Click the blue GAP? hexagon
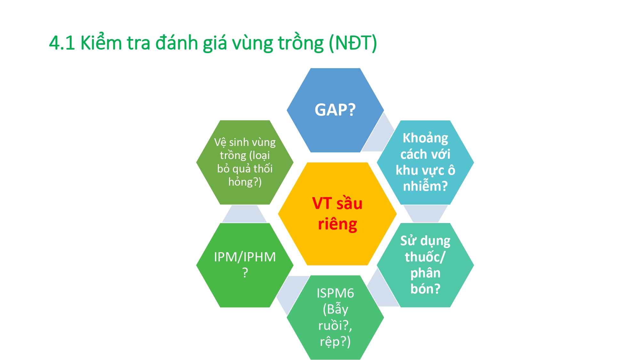pyautogui.click(x=335, y=110)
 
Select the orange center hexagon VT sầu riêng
pyautogui.click(x=337, y=214)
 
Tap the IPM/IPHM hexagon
pyautogui.click(x=245, y=265)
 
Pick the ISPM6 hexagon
pyautogui.click(x=335, y=317)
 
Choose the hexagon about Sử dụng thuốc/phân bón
pyautogui.click(x=425, y=265)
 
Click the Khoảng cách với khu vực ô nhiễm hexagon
pyautogui.click(x=425, y=163)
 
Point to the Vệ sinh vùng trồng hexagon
pyautogui.click(x=245, y=163)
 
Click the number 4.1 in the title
pyautogui.click(x=62, y=43)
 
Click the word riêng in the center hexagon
pyautogui.click(x=337, y=224)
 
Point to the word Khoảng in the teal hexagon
pyautogui.click(x=425, y=138)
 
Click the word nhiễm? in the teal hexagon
pyautogui.click(x=425, y=186)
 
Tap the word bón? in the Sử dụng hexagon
pyautogui.click(x=425, y=289)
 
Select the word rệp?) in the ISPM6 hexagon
pyautogui.click(x=335, y=342)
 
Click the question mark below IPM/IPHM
pyautogui.click(x=245, y=273)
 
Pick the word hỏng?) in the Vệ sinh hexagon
pyautogui.click(x=245, y=182)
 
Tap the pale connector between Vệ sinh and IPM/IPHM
pyautogui.click(x=244, y=214)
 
